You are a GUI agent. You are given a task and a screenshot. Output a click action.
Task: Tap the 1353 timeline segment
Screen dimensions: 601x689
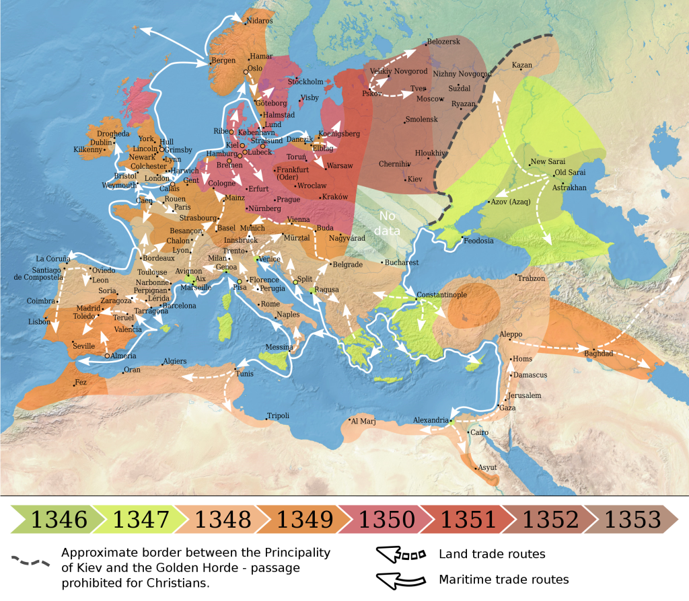pyautogui.click(x=632, y=519)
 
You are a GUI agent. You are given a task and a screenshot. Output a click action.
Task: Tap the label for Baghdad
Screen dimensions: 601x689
pyautogui.click(x=598, y=353)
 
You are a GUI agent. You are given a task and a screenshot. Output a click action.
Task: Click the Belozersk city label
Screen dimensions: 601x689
pyautogui.click(x=443, y=42)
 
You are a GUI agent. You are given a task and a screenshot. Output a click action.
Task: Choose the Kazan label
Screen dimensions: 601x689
pyautogui.click(x=522, y=65)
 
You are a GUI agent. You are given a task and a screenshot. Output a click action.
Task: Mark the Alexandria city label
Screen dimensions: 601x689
pyautogui.click(x=430, y=420)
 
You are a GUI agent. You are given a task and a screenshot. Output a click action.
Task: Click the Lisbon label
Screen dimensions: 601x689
pyautogui.click(x=39, y=321)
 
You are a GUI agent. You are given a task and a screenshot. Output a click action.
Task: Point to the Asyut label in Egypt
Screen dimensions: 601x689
pyautogui.click(x=486, y=467)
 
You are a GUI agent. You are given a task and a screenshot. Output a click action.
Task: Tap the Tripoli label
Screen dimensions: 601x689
pyautogui.click(x=278, y=415)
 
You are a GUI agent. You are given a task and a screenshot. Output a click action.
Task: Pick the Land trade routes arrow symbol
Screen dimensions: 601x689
pyautogui.click(x=402, y=555)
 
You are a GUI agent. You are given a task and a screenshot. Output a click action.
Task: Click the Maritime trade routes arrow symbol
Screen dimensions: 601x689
pyautogui.click(x=402, y=579)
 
